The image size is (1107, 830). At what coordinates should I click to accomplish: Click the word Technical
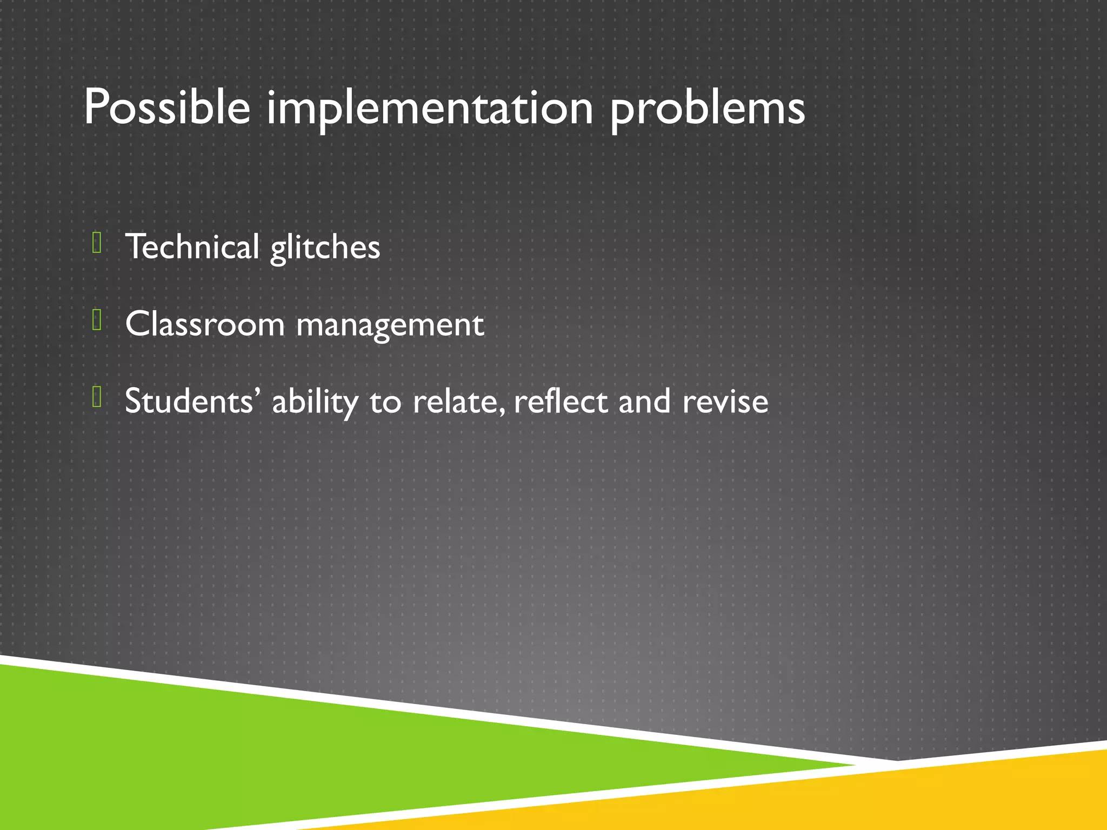192,247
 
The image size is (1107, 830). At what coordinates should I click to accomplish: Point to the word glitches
325,248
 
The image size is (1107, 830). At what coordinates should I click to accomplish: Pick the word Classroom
204,324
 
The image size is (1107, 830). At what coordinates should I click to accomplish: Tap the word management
390,326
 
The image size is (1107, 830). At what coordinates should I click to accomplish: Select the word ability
315,402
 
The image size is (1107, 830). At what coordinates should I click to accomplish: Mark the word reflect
561,401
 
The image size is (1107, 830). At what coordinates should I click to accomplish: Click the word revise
725,401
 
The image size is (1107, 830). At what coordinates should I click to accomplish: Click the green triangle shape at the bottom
270,746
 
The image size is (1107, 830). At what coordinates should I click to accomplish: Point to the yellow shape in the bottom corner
919,794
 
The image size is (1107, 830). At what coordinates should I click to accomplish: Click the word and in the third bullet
644,401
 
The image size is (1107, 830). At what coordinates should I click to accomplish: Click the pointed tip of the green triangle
849,765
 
